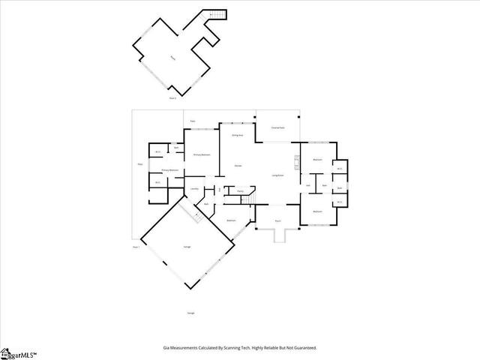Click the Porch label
pos(277,221)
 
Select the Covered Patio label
pos(277,128)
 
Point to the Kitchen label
pos(238,165)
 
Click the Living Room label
pos(277,175)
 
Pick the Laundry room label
pos(194,189)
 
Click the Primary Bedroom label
pos(201,154)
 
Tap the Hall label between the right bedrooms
pos(308,185)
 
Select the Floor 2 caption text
pos(172,97)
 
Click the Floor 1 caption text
pos(136,247)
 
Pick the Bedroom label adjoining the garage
pos(232,220)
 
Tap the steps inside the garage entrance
pos(196,216)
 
